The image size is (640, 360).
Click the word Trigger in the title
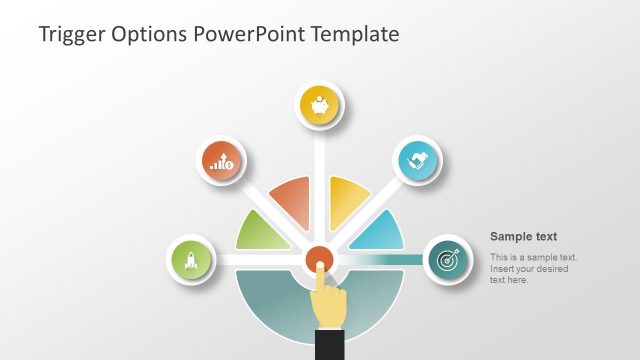[x=73, y=34]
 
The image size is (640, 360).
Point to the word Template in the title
[x=355, y=34]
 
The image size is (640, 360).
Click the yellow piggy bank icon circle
[x=320, y=105]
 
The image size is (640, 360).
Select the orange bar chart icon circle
[x=221, y=160]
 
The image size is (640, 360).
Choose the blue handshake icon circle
[x=418, y=160]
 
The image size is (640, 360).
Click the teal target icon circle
[x=447, y=260]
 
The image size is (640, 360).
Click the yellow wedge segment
[x=347, y=202]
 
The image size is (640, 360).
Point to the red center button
[x=319, y=260]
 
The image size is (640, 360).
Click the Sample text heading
[x=523, y=237]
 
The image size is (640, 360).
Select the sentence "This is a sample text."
[x=533, y=258]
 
